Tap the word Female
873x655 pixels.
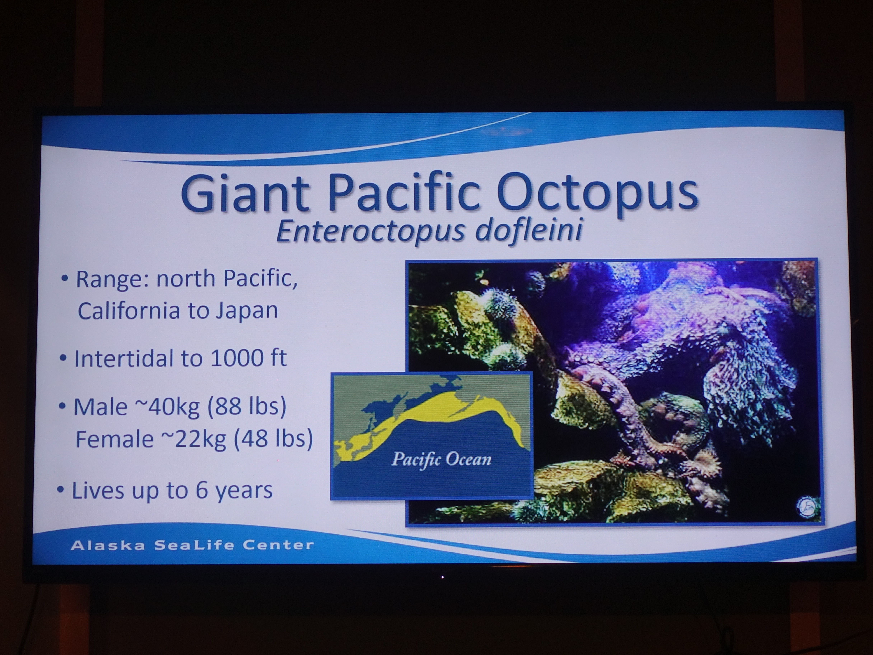(x=115, y=439)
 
